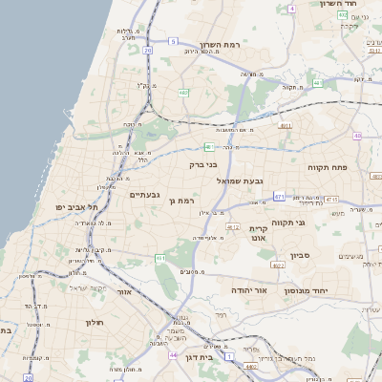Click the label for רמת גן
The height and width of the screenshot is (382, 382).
click(x=180, y=201)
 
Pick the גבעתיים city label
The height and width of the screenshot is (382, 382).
click(x=144, y=195)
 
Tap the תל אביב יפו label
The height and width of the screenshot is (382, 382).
click(x=73, y=207)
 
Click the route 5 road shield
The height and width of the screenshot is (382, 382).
click(x=173, y=42)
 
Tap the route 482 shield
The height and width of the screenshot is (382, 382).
click(x=182, y=93)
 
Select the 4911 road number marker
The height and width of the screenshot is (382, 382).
click(x=285, y=125)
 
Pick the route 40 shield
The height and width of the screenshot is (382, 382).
click(x=358, y=137)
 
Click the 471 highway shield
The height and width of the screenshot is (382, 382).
click(x=279, y=196)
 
